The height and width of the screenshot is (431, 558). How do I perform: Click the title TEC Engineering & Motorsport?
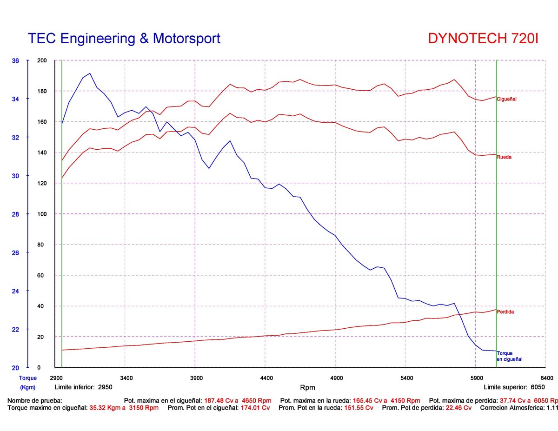[x=124, y=38]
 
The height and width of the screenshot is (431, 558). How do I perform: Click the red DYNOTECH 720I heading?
[x=483, y=38]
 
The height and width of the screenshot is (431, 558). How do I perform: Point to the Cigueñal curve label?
[x=506, y=99]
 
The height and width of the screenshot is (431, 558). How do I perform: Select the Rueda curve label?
[x=504, y=157]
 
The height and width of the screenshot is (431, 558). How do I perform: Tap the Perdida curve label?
[x=505, y=312]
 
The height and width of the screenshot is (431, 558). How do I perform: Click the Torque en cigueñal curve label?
[x=509, y=356]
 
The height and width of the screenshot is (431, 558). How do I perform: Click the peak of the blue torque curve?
[x=90, y=73]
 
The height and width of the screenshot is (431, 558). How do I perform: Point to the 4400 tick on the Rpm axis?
[x=266, y=378]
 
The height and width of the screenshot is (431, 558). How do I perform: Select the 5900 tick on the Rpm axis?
[x=476, y=378]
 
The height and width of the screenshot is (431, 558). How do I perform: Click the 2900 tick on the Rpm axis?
[x=56, y=378]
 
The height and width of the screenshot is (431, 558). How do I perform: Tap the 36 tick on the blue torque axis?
[x=15, y=60]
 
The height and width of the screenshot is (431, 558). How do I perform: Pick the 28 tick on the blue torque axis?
[x=15, y=214]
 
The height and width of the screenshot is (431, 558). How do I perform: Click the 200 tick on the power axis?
[x=42, y=60]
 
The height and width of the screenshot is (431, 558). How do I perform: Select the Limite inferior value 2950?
[x=105, y=387]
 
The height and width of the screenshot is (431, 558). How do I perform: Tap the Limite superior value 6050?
[x=538, y=387]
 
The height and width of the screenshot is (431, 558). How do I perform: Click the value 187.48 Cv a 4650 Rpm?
[x=238, y=400]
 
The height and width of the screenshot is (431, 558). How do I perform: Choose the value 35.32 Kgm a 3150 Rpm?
[x=124, y=408]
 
